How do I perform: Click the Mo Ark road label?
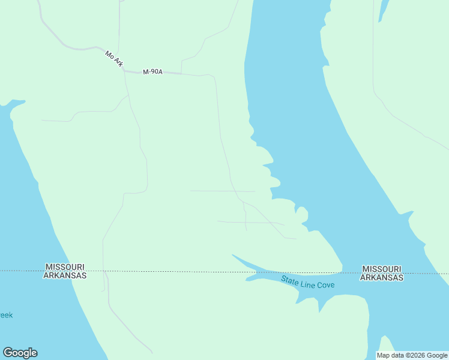[x=113, y=58]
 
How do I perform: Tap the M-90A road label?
[x=153, y=72]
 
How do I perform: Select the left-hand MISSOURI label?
[x=65, y=267]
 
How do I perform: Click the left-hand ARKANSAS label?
[x=65, y=275]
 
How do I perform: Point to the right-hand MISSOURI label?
[x=382, y=269]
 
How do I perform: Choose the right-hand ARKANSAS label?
[x=382, y=278]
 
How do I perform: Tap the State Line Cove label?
[x=308, y=281]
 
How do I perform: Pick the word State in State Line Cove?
[x=290, y=279]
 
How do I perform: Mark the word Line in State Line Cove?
[x=307, y=282]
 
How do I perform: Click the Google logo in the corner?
[x=20, y=353]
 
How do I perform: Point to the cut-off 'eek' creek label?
[x=6, y=315]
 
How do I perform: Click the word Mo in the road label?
[x=109, y=54]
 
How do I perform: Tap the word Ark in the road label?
[x=117, y=62]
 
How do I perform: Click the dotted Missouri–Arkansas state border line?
[x=180, y=271]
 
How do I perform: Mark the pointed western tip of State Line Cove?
[x=233, y=255]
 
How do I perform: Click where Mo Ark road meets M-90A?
[x=124, y=70]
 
